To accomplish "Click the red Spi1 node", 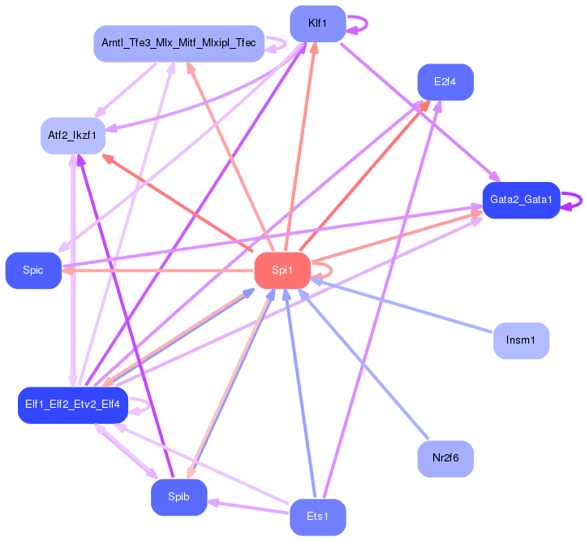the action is (282, 270).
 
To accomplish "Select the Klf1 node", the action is (318, 24).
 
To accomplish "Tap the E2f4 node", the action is (445, 82).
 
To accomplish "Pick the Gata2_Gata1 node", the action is (521, 200).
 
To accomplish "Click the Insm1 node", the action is (521, 340).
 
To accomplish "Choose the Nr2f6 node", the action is (445, 458).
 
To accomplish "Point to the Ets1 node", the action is (318, 517).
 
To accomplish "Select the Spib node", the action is (179, 497).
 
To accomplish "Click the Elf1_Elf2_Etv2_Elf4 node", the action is (73, 405).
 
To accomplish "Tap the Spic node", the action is (33, 270).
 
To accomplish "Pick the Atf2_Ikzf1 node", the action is (73, 136).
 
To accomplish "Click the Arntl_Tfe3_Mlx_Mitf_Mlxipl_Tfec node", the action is (179, 43).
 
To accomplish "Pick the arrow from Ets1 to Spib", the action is (248, 507).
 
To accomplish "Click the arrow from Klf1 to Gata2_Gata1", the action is (420, 112).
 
